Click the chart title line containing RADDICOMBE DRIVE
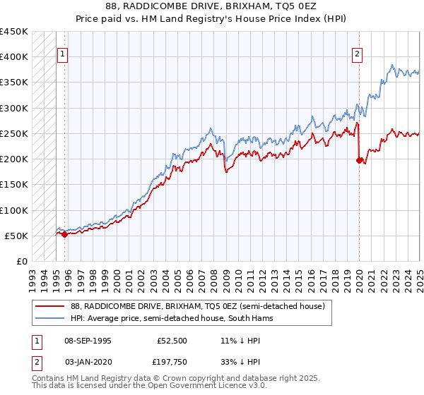coord(211,8)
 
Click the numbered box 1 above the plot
coord(62,54)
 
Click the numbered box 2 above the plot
coord(358,54)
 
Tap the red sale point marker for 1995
coord(64,234)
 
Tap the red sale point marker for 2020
coord(359,160)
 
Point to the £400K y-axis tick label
coord(14,57)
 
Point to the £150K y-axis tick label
coord(14,185)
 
